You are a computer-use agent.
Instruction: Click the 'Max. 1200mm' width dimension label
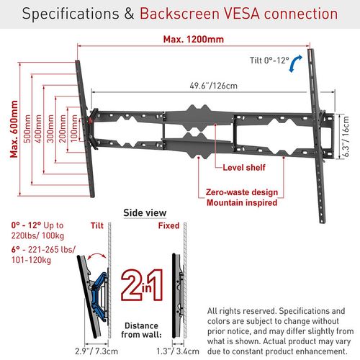(194, 40)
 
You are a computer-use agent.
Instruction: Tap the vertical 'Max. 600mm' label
(14, 129)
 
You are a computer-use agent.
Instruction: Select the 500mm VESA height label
(27, 129)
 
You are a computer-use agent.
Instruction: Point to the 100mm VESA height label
(74, 128)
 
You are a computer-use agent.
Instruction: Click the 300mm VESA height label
(50, 129)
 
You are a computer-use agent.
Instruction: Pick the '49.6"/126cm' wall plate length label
(214, 86)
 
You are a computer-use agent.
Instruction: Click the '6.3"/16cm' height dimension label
(346, 136)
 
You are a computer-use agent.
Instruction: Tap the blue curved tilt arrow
(295, 63)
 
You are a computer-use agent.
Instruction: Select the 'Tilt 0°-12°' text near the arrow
(269, 60)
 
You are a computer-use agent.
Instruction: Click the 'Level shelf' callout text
(244, 167)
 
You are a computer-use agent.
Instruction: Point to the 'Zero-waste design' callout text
(242, 192)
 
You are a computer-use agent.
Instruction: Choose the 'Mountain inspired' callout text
(242, 203)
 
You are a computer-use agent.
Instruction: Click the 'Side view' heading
(145, 213)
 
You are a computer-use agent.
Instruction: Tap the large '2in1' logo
(143, 285)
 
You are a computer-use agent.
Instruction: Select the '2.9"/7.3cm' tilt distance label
(96, 351)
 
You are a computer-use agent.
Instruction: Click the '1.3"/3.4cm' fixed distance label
(178, 351)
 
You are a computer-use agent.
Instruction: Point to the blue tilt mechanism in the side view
(99, 296)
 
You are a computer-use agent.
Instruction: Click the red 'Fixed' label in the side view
(168, 225)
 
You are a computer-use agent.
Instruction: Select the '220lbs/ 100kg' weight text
(37, 236)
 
